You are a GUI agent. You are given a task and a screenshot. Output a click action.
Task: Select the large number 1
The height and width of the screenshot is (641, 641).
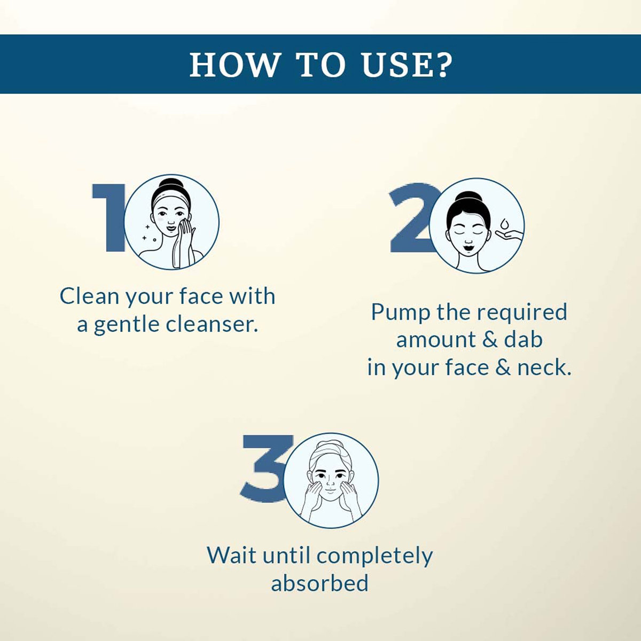[108, 218]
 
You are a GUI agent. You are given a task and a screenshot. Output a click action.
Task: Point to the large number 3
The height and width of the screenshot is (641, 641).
[266, 468]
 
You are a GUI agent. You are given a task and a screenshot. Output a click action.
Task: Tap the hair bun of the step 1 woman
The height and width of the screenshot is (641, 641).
[170, 184]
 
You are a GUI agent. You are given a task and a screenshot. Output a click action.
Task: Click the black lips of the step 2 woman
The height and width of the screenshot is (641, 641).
[468, 247]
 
